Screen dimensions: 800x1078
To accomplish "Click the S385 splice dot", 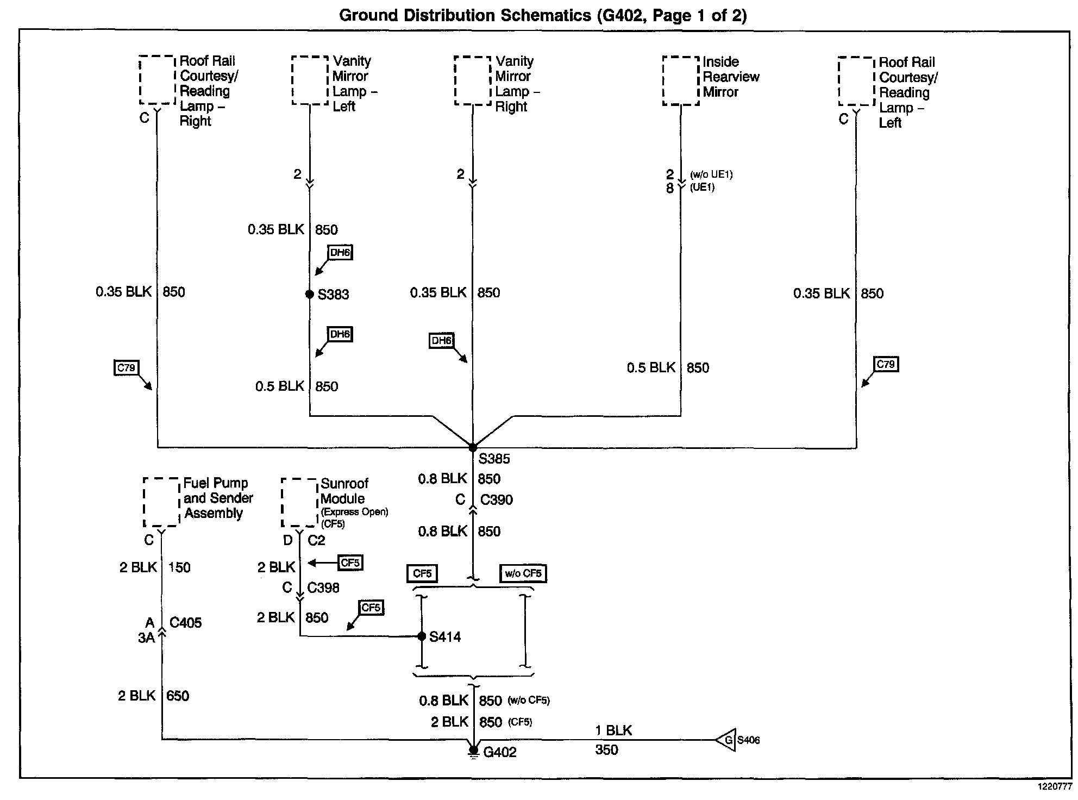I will point(473,447).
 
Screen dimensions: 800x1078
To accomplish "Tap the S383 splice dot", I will point(310,294).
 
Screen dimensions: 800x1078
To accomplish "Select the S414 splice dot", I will point(422,636).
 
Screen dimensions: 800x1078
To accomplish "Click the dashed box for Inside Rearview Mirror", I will point(681,80).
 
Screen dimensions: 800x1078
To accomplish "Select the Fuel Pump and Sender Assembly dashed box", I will point(161,502).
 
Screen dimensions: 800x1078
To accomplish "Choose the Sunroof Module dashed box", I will point(299,502).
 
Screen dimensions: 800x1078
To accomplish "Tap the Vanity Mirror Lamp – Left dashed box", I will point(310,80).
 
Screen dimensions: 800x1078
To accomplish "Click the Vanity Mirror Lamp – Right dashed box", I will point(473,80).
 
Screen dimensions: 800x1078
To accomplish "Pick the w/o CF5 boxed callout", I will point(523,573).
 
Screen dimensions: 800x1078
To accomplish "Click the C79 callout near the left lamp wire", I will point(126,368).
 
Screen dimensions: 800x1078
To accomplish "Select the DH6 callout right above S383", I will point(340,253).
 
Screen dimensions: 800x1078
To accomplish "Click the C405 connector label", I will point(185,622).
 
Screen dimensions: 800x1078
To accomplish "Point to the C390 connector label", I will point(496,500).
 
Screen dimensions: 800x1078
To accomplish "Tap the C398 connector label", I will point(323,588).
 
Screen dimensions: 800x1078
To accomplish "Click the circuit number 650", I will point(178,696).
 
